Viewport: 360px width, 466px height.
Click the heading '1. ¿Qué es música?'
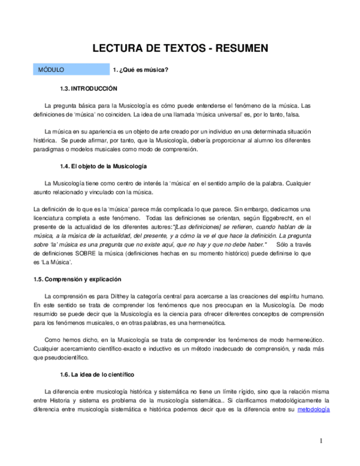click(x=140, y=70)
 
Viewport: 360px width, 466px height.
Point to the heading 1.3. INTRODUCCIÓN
click(x=88, y=88)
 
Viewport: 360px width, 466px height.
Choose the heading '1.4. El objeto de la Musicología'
click(x=103, y=166)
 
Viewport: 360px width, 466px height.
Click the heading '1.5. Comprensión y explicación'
click(x=77, y=279)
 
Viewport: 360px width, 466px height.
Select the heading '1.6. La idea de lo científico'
click(x=97, y=374)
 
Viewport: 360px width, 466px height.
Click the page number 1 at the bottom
click(x=321, y=441)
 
